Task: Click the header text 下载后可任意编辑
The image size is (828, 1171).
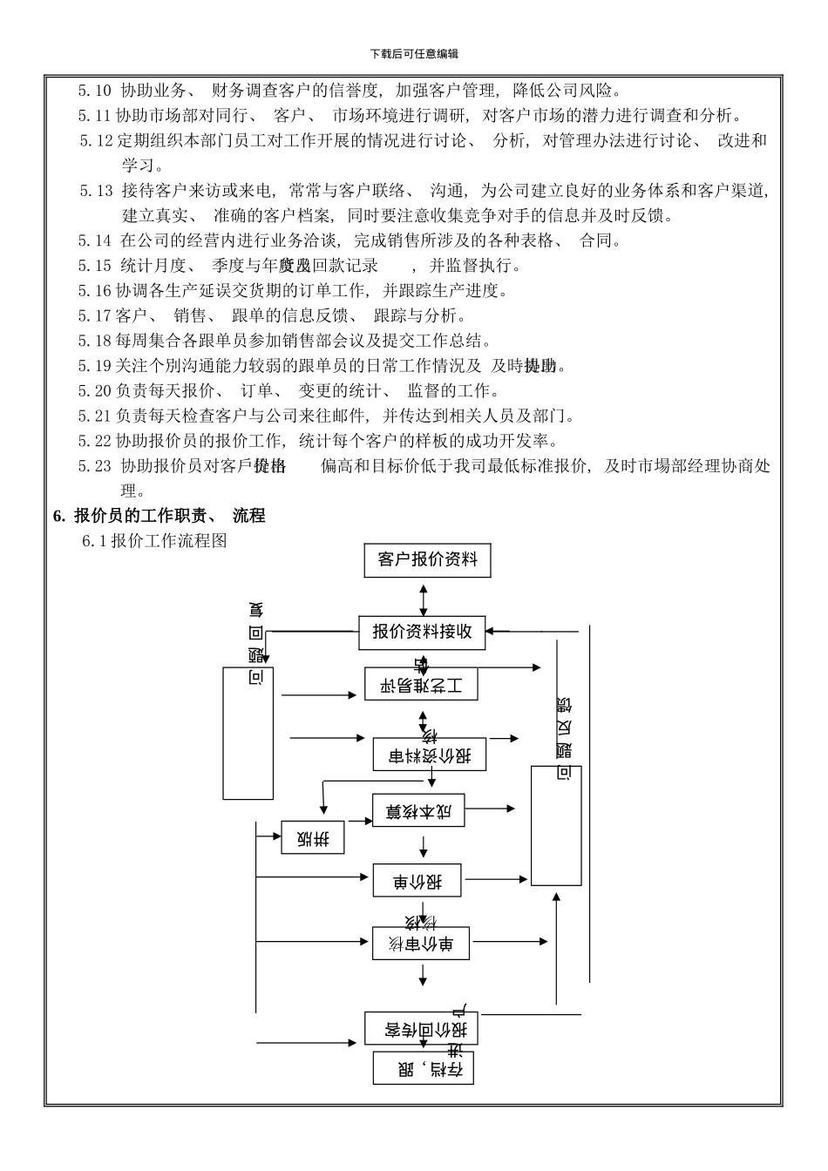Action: click(x=414, y=54)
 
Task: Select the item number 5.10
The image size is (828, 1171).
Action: click(x=95, y=90)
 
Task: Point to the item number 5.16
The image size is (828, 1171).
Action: click(x=95, y=291)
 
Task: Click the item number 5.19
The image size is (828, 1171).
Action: click(x=95, y=366)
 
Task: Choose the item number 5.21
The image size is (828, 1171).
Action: click(x=95, y=416)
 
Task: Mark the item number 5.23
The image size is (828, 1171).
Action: click(x=95, y=466)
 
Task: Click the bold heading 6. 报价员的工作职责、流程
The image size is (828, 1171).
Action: click(x=159, y=516)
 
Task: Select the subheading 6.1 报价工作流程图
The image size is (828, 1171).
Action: click(x=154, y=541)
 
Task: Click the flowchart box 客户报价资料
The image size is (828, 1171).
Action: click(x=427, y=559)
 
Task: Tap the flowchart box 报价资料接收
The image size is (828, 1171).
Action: click(x=422, y=632)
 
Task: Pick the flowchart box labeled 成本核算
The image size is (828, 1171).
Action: click(x=418, y=811)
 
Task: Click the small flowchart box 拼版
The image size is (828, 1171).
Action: click(x=313, y=838)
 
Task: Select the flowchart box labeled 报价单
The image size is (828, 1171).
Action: click(x=417, y=881)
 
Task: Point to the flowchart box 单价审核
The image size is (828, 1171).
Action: click(x=422, y=944)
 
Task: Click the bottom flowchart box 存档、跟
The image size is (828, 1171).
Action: click(x=423, y=1068)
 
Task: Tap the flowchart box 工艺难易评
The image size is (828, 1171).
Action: click(x=421, y=685)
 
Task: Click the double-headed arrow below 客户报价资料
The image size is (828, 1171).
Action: click(x=424, y=599)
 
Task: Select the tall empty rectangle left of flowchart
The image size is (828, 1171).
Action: click(x=248, y=734)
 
